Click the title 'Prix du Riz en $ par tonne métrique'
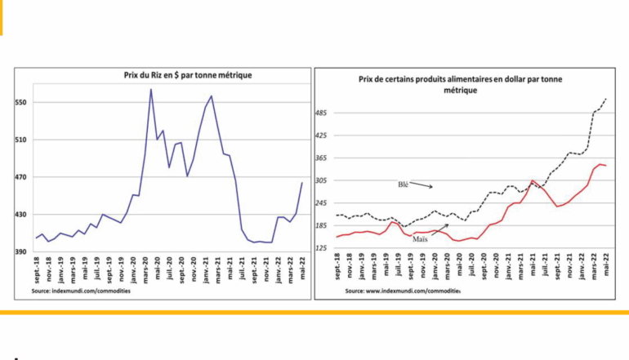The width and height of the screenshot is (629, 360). coord(181,75)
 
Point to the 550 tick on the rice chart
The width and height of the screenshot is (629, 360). coord(21,103)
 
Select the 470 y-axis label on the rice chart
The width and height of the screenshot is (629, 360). coord(21,177)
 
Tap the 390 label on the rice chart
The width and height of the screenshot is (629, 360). coord(21,252)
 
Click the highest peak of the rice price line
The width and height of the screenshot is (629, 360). coord(151,89)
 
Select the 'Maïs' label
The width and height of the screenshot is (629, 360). coord(422,240)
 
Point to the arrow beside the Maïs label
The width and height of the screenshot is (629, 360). coord(441,234)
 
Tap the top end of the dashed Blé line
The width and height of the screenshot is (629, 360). coord(606,99)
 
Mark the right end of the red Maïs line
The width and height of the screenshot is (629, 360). coord(605,166)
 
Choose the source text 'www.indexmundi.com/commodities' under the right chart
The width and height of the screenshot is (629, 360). coord(403,291)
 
